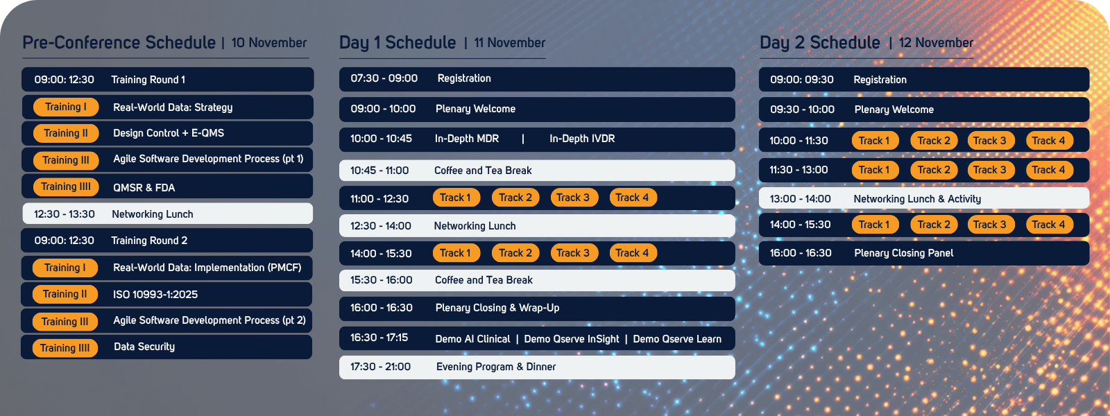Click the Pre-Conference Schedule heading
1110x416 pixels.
pyautogui.click(x=119, y=43)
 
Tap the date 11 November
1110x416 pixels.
pyautogui.click(x=509, y=43)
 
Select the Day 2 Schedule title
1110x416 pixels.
pyautogui.click(x=819, y=43)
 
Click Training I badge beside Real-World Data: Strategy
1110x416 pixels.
pyautogui.click(x=66, y=107)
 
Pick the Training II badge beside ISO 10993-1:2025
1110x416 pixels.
pyautogui.click(x=65, y=294)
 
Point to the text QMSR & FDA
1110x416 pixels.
pyautogui.click(x=144, y=188)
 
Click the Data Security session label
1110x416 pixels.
pyautogui.click(x=144, y=347)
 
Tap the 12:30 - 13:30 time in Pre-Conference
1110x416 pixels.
pyautogui.click(x=65, y=214)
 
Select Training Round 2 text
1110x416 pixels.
pyautogui.click(x=149, y=241)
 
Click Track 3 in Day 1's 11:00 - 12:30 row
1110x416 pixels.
pyautogui.click(x=572, y=198)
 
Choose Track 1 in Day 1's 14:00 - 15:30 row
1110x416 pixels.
pyautogui.click(x=455, y=253)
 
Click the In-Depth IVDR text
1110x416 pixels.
pyautogui.click(x=582, y=139)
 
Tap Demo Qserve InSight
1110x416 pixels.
pyautogui.click(x=572, y=339)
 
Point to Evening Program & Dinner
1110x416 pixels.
pyautogui.click(x=496, y=367)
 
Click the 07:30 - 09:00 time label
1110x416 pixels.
pyautogui.click(x=384, y=78)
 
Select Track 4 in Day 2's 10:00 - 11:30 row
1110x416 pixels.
pyautogui.click(x=1048, y=141)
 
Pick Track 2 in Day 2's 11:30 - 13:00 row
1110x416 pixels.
pyautogui.click(x=934, y=170)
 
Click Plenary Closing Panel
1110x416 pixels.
pyautogui.click(x=903, y=253)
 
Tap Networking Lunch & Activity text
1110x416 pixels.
pyautogui.click(x=917, y=199)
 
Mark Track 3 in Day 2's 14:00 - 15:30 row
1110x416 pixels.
pyautogui.click(x=989, y=225)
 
